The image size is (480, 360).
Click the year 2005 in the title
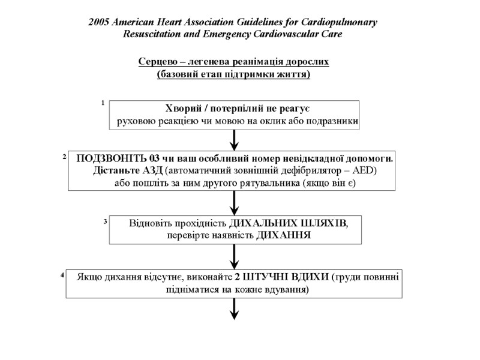(x=99, y=22)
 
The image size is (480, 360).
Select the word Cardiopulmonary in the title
(x=338, y=22)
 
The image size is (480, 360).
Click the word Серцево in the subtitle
(x=156, y=62)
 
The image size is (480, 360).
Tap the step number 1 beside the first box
(x=103, y=103)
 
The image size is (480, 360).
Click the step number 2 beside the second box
(x=64, y=157)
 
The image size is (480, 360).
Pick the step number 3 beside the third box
(x=105, y=221)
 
